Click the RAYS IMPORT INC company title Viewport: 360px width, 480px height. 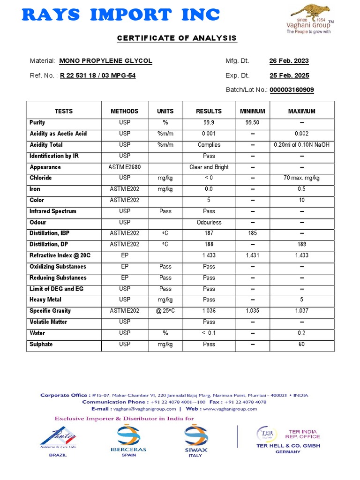[x=121, y=15]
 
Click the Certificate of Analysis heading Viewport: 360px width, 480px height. [x=177, y=38]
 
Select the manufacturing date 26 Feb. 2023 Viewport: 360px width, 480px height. [x=289, y=61]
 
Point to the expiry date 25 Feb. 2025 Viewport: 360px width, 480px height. [x=289, y=75]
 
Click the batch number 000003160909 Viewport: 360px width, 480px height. [x=292, y=90]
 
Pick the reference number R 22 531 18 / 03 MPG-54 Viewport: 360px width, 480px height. [x=97, y=75]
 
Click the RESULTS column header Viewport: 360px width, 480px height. [x=209, y=111]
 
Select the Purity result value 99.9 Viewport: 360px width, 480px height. [x=209, y=123]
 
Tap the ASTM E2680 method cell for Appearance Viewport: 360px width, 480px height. [x=124, y=167]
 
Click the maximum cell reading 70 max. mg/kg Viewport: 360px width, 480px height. [x=301, y=178]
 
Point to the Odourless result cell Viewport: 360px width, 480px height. [x=209, y=222]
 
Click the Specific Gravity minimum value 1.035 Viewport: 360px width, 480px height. [x=252, y=311]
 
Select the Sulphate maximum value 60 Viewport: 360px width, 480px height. [x=301, y=344]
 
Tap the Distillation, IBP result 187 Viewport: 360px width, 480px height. [x=209, y=233]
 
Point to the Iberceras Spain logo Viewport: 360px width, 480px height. [x=128, y=440]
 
